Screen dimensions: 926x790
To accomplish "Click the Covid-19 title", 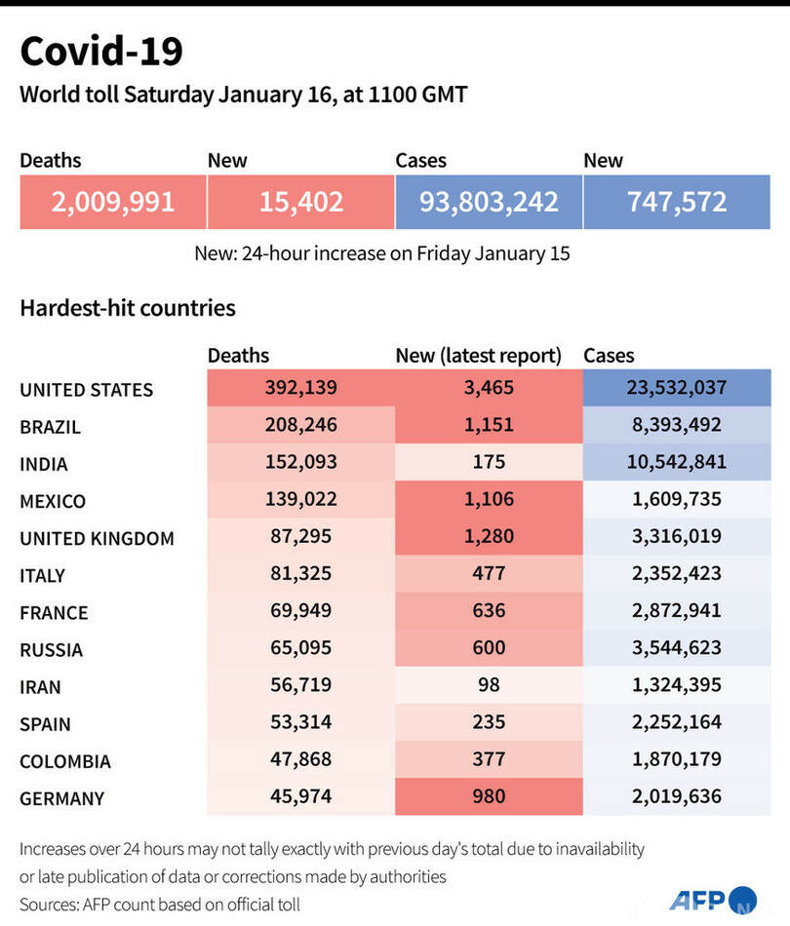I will (101, 52).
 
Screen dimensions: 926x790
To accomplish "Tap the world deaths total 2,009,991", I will (113, 202).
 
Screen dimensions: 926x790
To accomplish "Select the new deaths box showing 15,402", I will (300, 202).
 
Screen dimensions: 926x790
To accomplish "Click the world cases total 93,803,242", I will (489, 202).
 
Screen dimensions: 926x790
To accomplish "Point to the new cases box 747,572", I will (677, 202).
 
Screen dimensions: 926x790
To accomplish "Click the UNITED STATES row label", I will (87, 390).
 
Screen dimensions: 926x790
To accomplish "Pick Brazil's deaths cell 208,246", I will (300, 425).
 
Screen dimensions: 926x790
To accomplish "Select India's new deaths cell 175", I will (489, 462).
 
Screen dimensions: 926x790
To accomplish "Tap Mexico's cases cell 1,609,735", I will (677, 499).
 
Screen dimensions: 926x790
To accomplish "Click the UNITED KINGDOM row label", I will (97, 538).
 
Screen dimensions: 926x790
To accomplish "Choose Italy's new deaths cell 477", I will (489, 573).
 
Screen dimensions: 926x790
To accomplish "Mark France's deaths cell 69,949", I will (300, 610).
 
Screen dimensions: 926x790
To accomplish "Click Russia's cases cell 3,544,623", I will (677, 647).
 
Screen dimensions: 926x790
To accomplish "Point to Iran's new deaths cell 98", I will (489, 684).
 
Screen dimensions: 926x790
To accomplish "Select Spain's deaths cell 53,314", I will (300, 721).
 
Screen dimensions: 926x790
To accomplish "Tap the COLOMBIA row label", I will (65, 761).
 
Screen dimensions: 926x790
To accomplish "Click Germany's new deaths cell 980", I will (489, 796).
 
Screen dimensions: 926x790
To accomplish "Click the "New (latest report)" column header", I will (479, 356).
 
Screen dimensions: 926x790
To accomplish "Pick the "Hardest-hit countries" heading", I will (128, 308).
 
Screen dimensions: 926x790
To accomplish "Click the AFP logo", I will (713, 899).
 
